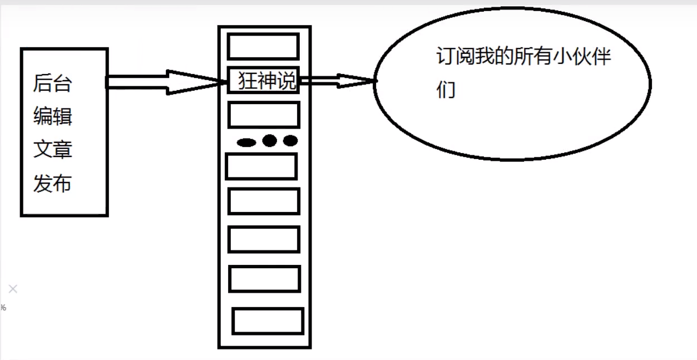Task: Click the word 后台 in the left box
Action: tap(52, 83)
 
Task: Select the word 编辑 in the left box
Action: tap(52, 117)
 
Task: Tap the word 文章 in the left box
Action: tap(52, 150)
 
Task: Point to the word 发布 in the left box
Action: tap(52, 184)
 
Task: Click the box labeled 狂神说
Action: tap(264, 81)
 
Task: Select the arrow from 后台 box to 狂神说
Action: tap(167, 82)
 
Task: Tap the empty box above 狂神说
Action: tap(263, 46)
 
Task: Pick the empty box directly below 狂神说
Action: tap(264, 115)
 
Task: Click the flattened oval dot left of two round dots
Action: tap(246, 142)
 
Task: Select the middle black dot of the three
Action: tap(270, 140)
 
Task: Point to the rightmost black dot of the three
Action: tap(290, 140)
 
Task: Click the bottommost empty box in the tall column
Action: tap(268, 321)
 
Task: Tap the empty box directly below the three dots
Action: tap(261, 166)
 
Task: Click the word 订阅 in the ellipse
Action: tap(456, 57)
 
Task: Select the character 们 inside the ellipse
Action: tap(446, 90)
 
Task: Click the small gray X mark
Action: tap(13, 289)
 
